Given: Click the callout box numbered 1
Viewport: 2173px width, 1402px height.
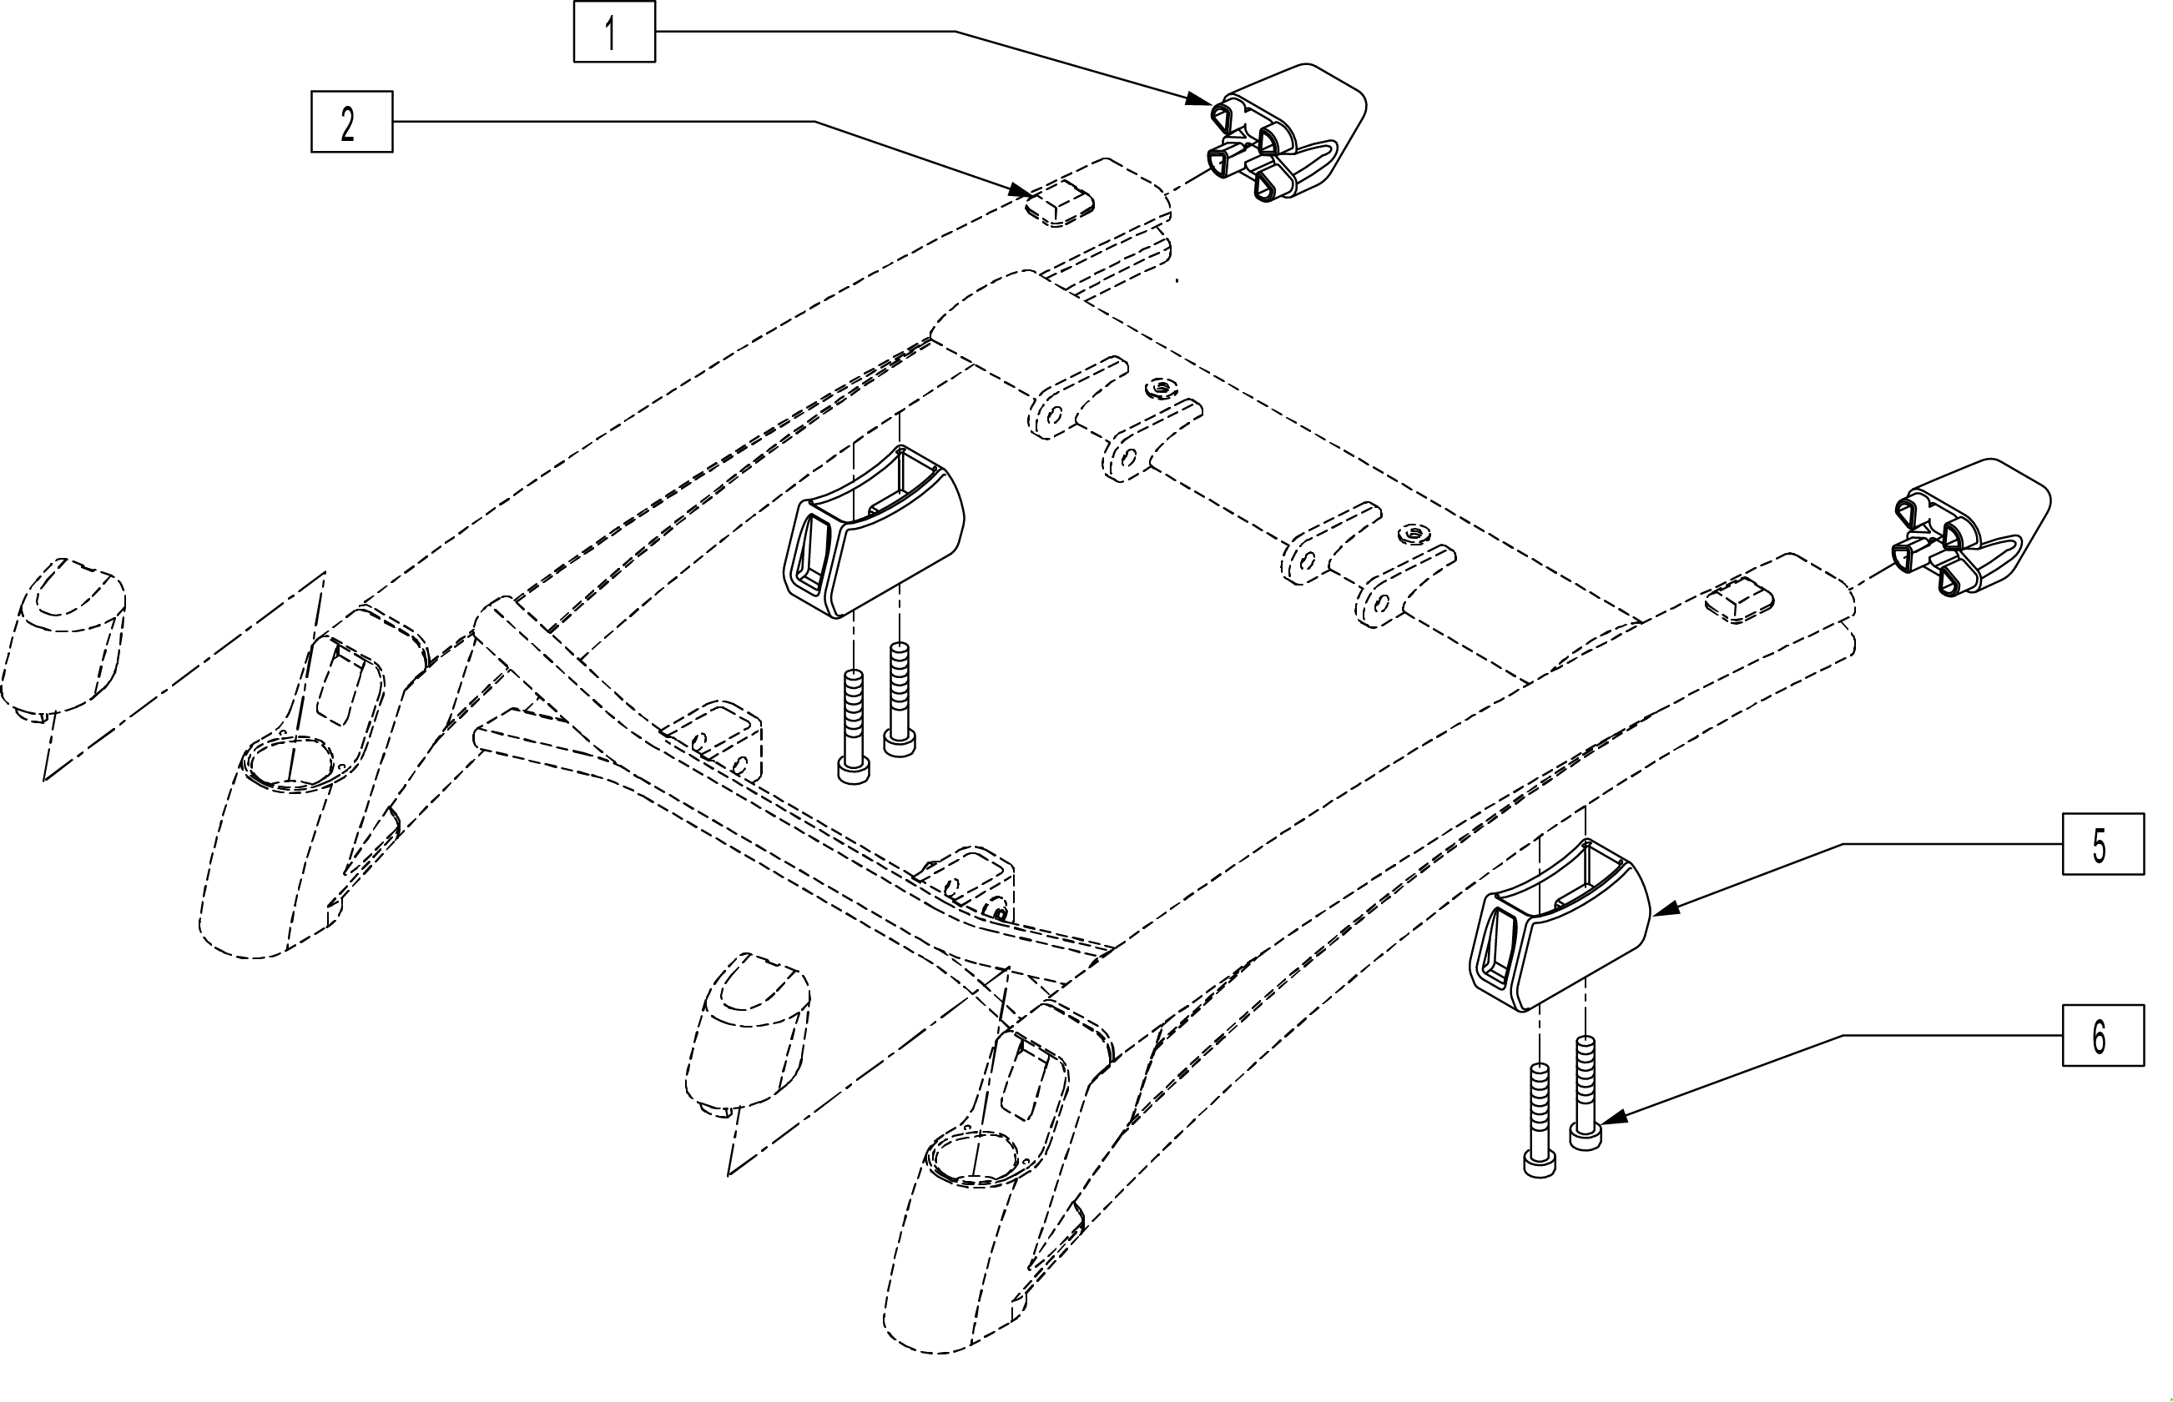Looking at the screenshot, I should tap(614, 32).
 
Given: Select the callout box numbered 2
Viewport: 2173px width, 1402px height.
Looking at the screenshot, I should tap(351, 121).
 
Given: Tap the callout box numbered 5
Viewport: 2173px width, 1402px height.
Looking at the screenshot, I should tap(2103, 844).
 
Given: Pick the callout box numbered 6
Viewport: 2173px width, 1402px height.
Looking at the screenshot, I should tap(2103, 1035).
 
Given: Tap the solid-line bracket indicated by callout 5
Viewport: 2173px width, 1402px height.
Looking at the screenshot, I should tap(1559, 927).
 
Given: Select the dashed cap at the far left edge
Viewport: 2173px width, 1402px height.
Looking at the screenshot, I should tap(62, 637).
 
